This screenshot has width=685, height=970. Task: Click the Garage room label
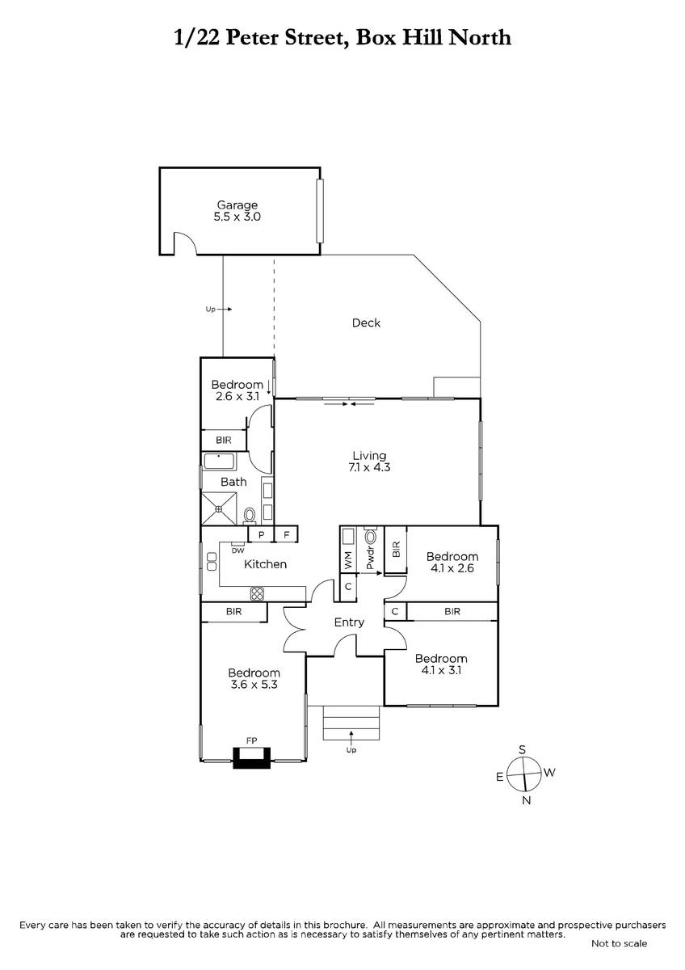click(237, 205)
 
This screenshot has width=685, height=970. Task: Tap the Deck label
click(366, 323)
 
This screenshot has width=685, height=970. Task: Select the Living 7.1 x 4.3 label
click(369, 462)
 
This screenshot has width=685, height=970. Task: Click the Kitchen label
click(265, 564)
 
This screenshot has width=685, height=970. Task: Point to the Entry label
click(349, 622)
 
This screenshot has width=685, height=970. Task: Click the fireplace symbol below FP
click(252, 758)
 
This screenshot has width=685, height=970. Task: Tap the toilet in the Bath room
click(250, 516)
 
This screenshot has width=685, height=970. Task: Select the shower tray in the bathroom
click(220, 508)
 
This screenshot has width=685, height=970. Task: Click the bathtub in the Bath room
click(220, 462)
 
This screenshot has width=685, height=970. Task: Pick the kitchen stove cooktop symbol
click(257, 593)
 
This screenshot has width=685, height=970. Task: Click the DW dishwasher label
click(238, 550)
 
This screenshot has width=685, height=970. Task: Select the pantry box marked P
click(261, 535)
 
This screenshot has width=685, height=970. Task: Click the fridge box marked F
click(286, 535)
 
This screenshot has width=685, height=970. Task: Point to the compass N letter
click(526, 801)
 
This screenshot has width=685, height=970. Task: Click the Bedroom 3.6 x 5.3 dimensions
click(254, 685)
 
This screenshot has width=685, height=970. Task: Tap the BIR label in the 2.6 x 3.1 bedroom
click(224, 440)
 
